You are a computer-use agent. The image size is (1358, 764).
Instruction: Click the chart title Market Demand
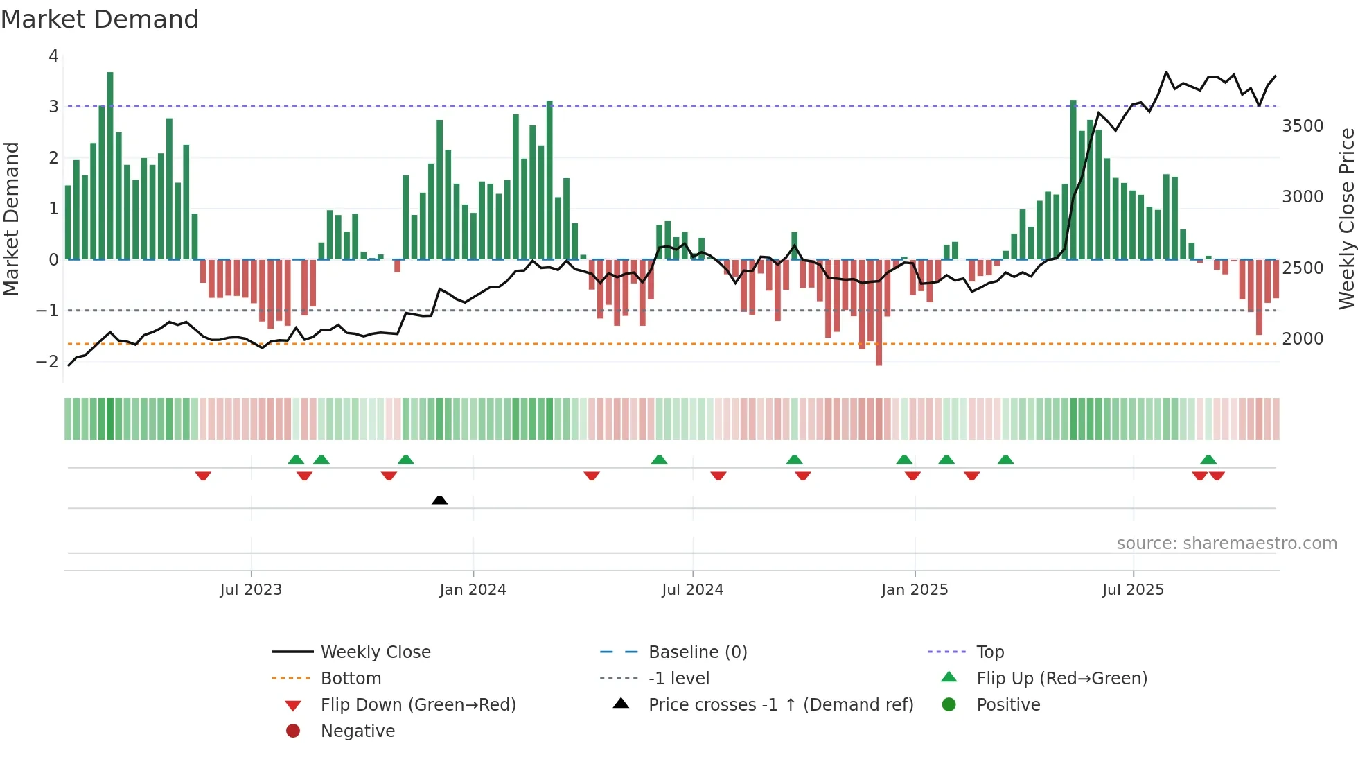(100, 19)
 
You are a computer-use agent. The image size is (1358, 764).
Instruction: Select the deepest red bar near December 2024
(879, 312)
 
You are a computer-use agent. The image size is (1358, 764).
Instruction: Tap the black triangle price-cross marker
(439, 500)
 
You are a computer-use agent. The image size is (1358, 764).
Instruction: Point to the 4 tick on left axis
(53, 56)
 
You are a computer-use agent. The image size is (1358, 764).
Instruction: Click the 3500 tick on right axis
(1303, 126)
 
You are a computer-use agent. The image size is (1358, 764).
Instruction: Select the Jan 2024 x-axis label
(473, 590)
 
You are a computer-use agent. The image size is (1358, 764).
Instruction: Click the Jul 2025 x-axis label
(1133, 590)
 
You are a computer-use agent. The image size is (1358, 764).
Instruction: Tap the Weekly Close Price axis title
(1346, 218)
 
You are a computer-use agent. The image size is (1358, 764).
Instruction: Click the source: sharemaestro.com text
(1226, 544)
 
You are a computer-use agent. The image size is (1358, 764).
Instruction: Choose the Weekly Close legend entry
(375, 652)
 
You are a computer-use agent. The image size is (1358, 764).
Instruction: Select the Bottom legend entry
(351, 679)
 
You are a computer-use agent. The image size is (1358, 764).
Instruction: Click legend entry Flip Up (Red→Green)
(1061, 679)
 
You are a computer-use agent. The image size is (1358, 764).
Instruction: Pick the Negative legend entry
(358, 731)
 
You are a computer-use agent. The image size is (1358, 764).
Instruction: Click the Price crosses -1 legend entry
(781, 705)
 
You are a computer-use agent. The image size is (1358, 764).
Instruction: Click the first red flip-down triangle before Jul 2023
(203, 476)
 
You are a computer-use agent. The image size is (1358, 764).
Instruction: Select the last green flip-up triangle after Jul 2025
(1208, 460)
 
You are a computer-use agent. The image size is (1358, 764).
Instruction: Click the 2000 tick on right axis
(1303, 339)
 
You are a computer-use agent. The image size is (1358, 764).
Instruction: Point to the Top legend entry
(990, 652)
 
